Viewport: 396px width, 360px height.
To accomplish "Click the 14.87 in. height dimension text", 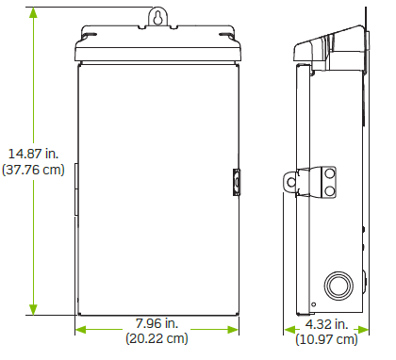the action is click(33, 154).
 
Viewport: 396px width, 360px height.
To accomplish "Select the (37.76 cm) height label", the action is click(33, 170).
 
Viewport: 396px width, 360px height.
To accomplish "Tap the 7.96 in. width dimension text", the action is click(157, 323).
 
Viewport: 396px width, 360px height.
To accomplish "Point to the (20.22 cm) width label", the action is click(157, 338).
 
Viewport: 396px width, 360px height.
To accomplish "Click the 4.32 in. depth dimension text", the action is click(327, 324).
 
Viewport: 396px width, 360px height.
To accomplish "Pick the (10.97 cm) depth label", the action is click(326, 339).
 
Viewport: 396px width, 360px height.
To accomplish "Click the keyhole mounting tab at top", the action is click(158, 17).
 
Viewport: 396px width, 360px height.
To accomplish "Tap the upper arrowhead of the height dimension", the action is click(33, 12).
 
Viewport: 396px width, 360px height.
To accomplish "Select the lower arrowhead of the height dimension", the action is click(33, 309).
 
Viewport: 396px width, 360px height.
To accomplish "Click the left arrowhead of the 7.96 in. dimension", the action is click(81, 330).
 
